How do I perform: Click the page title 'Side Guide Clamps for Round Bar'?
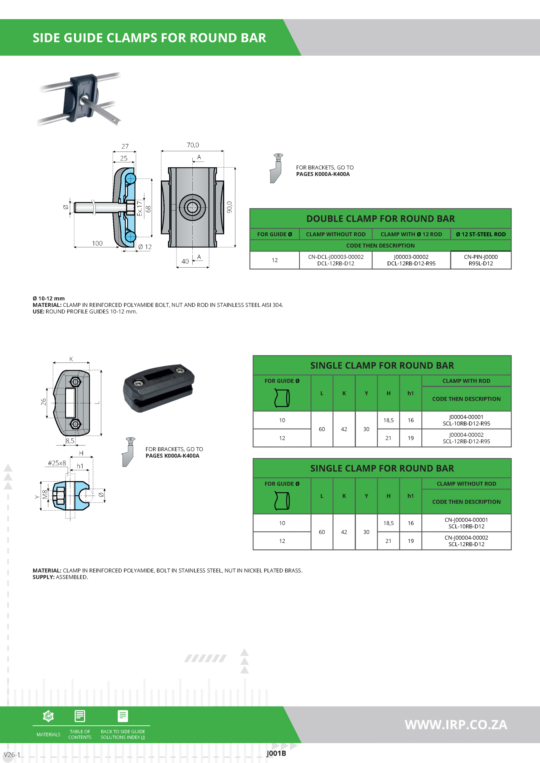tap(149, 38)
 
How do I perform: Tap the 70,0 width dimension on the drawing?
tap(193, 145)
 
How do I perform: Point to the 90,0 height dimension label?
tap(229, 207)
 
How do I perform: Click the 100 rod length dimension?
tap(97, 243)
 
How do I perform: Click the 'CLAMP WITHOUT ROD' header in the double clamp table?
tap(335, 234)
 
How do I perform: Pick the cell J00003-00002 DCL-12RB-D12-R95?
tap(411, 260)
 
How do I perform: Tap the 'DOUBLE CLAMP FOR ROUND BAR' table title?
tap(380, 219)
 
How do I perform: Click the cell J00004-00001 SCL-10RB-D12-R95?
tap(466, 420)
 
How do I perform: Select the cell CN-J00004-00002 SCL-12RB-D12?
tap(466, 541)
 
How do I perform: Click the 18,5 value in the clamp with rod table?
tap(388, 420)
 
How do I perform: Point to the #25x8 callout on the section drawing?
tap(57, 463)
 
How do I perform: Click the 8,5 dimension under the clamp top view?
tap(70, 441)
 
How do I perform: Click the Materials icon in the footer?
tap(49, 716)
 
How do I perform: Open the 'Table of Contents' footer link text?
tap(80, 734)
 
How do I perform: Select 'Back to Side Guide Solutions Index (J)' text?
tap(123, 734)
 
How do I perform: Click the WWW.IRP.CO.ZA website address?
tap(456, 725)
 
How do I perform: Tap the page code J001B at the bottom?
tap(276, 753)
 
